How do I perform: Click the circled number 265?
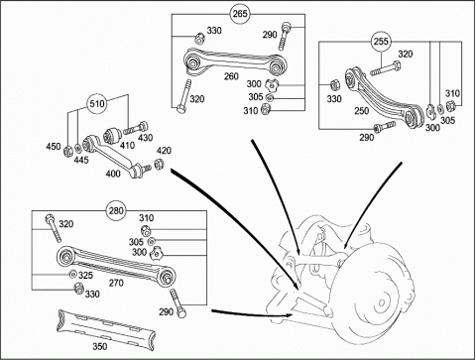[240, 14]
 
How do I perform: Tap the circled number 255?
[381, 42]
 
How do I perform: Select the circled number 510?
[97, 104]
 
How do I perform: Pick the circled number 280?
[116, 210]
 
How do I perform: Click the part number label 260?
[231, 76]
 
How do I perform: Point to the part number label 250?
[362, 111]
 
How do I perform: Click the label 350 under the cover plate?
[99, 346]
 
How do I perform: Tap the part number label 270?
[116, 283]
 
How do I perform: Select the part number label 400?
[113, 174]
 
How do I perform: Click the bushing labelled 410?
[111, 136]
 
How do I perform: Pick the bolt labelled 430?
[136, 128]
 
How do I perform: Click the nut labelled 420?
[158, 164]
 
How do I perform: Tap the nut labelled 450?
[67, 151]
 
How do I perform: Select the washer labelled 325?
[72, 274]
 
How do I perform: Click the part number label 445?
[81, 160]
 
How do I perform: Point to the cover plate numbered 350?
[106, 328]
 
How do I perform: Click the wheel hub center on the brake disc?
[382, 302]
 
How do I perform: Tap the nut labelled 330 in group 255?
[334, 85]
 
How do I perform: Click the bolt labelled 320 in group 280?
[54, 228]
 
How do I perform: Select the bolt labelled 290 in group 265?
[284, 37]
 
